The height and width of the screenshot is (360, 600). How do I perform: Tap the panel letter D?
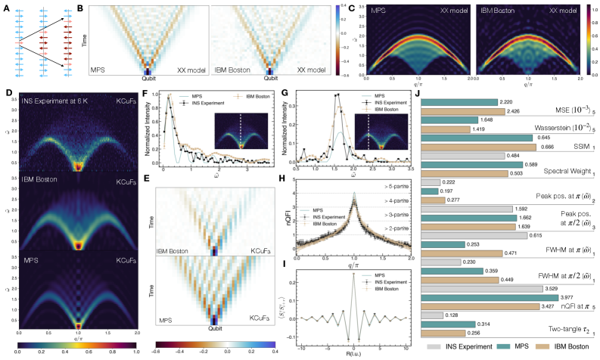pos(8,95)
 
